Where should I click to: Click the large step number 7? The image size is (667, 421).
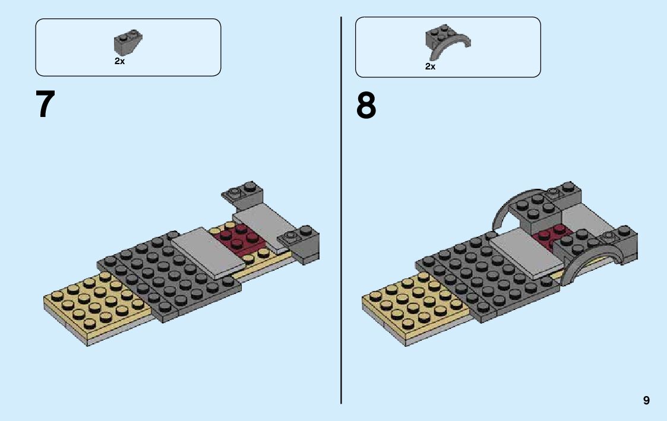pos(45,105)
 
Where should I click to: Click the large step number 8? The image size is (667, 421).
pos(366,106)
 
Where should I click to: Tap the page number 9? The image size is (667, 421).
pos(646,401)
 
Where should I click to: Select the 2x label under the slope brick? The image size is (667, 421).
pos(120,61)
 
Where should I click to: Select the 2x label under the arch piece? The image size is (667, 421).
pos(431,67)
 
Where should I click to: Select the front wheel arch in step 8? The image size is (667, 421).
pos(594,266)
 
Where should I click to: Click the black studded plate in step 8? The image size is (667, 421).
pos(487,276)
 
